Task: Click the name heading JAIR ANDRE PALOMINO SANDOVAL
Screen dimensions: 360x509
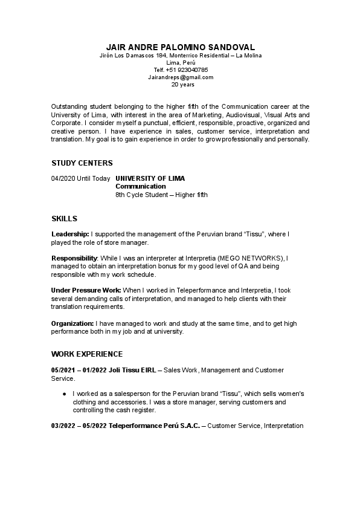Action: [180, 47]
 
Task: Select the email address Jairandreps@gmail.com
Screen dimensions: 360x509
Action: [180, 77]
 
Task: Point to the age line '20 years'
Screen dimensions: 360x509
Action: [180, 85]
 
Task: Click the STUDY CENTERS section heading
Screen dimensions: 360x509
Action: [82, 163]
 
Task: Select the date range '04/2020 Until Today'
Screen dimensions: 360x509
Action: [81, 178]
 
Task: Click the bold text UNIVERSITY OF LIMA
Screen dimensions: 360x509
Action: [150, 178]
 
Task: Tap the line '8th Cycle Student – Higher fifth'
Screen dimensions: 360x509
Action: [161, 195]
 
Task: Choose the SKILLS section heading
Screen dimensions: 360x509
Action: [64, 218]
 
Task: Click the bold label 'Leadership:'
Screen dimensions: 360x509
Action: [70, 233]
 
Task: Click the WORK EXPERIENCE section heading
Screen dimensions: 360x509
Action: [87, 354]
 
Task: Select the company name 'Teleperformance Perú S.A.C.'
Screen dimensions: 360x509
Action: [154, 426]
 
